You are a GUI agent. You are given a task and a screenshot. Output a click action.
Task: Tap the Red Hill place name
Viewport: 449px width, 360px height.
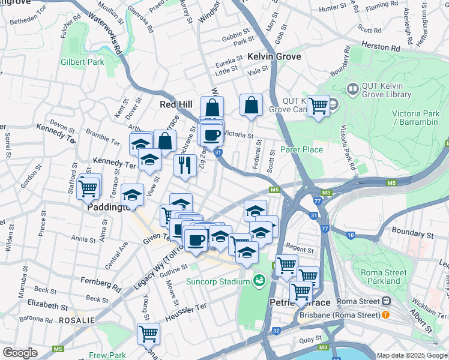click(175, 104)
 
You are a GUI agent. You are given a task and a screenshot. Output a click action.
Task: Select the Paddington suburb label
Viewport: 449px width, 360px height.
click(109, 207)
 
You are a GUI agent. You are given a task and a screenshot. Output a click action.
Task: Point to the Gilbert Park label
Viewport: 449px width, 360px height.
click(82, 62)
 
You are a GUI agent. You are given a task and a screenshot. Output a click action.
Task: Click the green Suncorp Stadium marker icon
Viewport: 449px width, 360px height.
click(259, 280)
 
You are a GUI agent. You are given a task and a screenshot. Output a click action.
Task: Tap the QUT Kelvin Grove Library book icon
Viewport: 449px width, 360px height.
click(352, 89)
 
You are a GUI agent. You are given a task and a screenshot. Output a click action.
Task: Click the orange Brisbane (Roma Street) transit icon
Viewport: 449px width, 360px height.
click(385, 314)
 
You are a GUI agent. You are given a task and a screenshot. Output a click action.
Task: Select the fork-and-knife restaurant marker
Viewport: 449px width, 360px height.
click(185, 164)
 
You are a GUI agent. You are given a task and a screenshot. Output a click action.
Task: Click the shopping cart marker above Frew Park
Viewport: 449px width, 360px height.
click(148, 332)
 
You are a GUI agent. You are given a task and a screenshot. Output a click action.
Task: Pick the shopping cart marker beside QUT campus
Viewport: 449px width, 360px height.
click(318, 106)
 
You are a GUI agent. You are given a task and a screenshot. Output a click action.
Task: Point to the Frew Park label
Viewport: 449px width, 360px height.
click(107, 355)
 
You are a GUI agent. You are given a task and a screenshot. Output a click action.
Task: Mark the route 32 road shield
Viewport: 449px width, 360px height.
click(276, 330)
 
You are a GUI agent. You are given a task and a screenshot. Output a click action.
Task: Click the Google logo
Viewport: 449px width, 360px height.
click(20, 353)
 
